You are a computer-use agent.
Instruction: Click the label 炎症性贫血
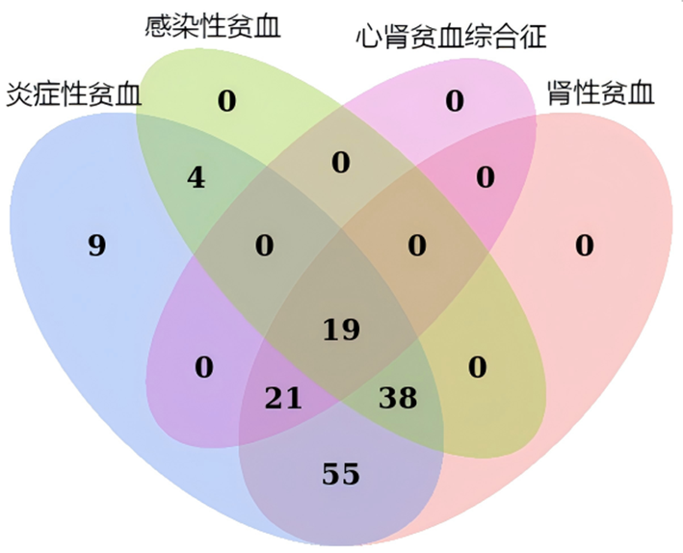(x=73, y=94)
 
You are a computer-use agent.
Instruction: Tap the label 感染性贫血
(x=212, y=26)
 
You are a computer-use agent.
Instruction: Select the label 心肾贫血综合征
(x=451, y=37)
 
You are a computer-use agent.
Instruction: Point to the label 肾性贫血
(x=601, y=92)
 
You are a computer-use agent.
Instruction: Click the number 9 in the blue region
(x=96, y=245)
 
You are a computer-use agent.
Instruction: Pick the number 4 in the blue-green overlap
(x=196, y=178)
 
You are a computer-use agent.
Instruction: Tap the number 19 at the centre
(x=341, y=329)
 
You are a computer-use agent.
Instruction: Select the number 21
(x=283, y=398)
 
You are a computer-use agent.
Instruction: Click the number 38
(x=398, y=398)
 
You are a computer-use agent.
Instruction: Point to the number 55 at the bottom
(x=341, y=474)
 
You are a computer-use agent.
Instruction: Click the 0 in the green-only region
(x=227, y=100)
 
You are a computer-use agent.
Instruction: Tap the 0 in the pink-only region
(x=455, y=100)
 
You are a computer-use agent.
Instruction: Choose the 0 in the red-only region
(x=585, y=245)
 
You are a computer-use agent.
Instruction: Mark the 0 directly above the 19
(x=341, y=163)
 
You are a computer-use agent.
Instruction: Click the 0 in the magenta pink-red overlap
(x=486, y=177)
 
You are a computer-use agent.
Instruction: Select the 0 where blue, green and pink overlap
(x=264, y=245)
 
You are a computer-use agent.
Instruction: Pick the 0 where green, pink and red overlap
(x=417, y=245)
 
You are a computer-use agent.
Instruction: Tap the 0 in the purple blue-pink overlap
(x=204, y=367)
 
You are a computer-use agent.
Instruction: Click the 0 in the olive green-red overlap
(x=478, y=367)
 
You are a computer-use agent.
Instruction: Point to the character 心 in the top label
(x=369, y=37)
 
